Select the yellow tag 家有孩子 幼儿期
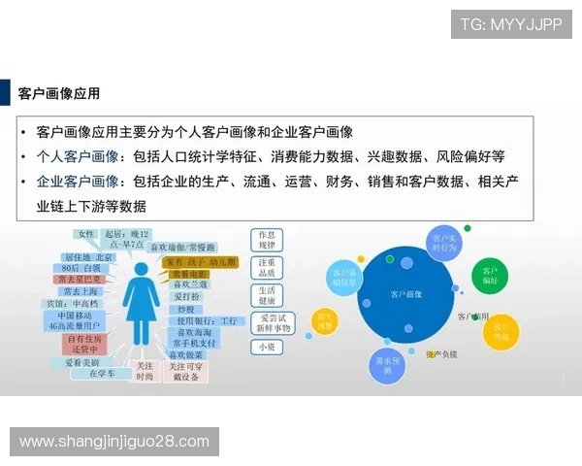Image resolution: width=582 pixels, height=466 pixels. (x=201, y=262)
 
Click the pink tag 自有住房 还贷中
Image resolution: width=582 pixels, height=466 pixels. (x=84, y=344)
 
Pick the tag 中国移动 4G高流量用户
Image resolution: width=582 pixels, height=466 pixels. (x=80, y=321)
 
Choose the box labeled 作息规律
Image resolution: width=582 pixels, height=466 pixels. (x=267, y=240)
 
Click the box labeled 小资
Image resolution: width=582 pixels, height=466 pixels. (x=266, y=347)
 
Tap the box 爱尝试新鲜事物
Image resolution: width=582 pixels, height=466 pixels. (x=270, y=322)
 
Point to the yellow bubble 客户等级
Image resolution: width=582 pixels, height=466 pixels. (x=501, y=332)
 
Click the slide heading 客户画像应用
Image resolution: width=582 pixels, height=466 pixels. (x=59, y=94)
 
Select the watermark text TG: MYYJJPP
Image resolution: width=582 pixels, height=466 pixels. (x=510, y=24)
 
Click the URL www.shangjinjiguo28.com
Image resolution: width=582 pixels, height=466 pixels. (x=114, y=442)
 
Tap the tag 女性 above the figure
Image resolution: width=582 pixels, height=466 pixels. (x=86, y=234)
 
